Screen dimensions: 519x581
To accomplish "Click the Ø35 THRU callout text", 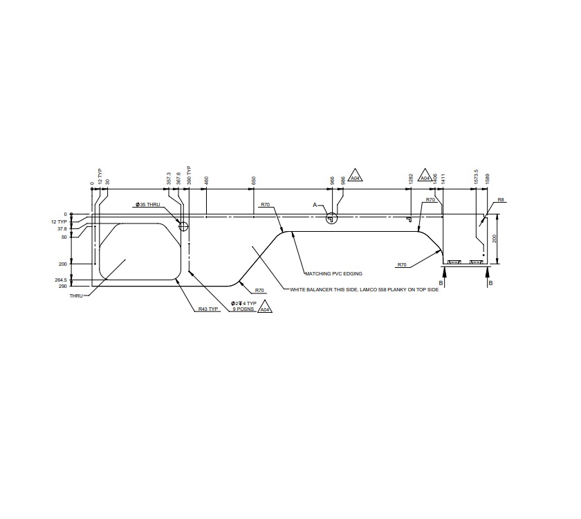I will [x=148, y=205].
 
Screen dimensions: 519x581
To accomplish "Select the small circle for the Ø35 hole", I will [x=183, y=226].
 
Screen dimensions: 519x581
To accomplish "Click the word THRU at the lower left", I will [x=76, y=295].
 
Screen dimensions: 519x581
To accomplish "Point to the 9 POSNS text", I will [x=244, y=309].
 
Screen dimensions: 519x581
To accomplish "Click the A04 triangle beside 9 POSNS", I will [x=264, y=309].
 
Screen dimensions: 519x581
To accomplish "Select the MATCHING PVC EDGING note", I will [x=333, y=273].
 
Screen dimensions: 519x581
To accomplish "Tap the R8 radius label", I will [x=501, y=200].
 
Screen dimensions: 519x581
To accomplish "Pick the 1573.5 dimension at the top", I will [x=476, y=176].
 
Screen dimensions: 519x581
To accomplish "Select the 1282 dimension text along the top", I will [x=411, y=179].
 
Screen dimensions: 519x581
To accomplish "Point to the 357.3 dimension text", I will [x=169, y=179].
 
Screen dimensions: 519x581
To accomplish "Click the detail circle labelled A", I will [x=331, y=217].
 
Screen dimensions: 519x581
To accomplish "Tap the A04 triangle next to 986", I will [x=355, y=177].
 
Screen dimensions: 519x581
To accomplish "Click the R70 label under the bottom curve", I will [x=259, y=291].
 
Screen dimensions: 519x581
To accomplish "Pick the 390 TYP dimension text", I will [x=189, y=176].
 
